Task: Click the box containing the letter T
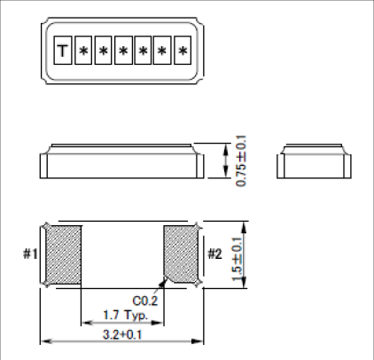[x=62, y=51]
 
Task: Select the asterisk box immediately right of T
[x=82, y=51]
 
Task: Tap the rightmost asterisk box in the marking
[x=182, y=51]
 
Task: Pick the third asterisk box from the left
[x=122, y=51]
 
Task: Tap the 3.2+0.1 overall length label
[x=121, y=335]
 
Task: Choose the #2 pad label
[x=214, y=254]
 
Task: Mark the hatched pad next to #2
[x=182, y=254]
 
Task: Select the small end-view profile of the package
[x=315, y=162]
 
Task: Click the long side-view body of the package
[x=121, y=164]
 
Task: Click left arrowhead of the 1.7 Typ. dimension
[x=85, y=322]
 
